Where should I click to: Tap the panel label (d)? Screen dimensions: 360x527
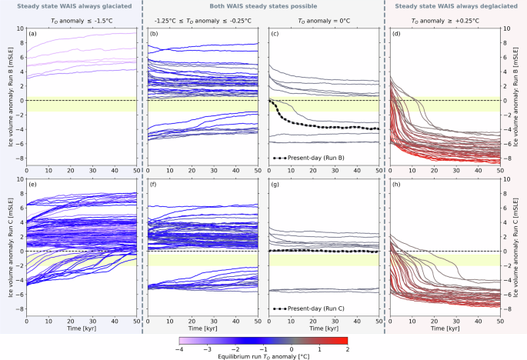[x=396, y=35]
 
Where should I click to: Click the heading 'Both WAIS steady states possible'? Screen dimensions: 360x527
[x=263, y=6]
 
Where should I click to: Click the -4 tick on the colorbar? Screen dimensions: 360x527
[x=179, y=348]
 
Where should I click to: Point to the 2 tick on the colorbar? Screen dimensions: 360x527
[x=348, y=348]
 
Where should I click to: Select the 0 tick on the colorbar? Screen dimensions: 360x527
[x=292, y=348]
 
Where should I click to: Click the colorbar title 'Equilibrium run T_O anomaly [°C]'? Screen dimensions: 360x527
[x=263, y=355]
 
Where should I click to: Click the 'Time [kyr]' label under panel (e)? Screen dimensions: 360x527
[x=82, y=327]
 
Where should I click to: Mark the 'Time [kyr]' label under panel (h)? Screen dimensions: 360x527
[x=445, y=327]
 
